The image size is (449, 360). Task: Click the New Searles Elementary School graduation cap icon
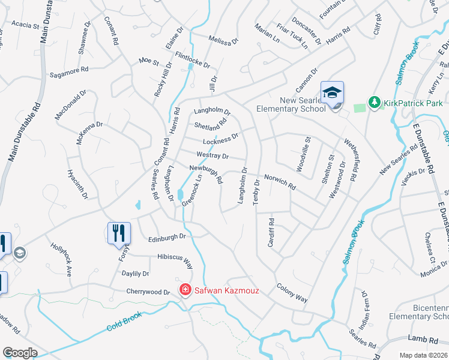pyautogui.click(x=332, y=92)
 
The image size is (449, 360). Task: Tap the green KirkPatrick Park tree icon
pyautogui.click(x=375, y=102)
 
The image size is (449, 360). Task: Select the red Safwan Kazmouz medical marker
pyautogui.click(x=185, y=290)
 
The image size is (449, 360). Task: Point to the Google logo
pyautogui.click(x=19, y=353)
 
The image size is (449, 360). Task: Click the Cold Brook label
pyautogui.click(x=124, y=322)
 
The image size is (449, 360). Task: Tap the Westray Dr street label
pyautogui.click(x=212, y=155)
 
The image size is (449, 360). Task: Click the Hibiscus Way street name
pyautogui.click(x=175, y=260)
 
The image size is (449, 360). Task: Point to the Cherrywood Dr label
pyautogui.click(x=148, y=292)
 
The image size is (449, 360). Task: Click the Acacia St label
pyautogui.click(x=25, y=26)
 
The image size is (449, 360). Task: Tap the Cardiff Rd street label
pyautogui.click(x=271, y=230)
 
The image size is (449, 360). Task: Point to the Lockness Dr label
pyautogui.click(x=220, y=140)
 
